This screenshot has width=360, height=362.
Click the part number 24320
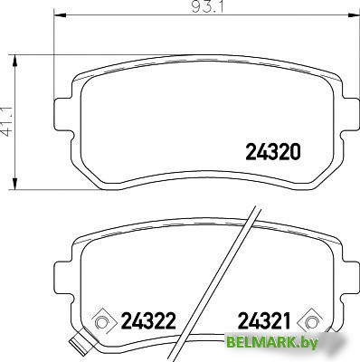click(x=273, y=152)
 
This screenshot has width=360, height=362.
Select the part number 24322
click(x=148, y=320)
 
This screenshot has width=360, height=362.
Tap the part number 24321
click(x=264, y=320)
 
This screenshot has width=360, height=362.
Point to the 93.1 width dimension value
click(x=207, y=6)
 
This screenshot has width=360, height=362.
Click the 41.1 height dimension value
click(x=6, y=121)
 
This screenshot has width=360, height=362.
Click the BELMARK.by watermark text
click(x=271, y=342)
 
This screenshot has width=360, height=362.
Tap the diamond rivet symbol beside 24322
click(x=101, y=322)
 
